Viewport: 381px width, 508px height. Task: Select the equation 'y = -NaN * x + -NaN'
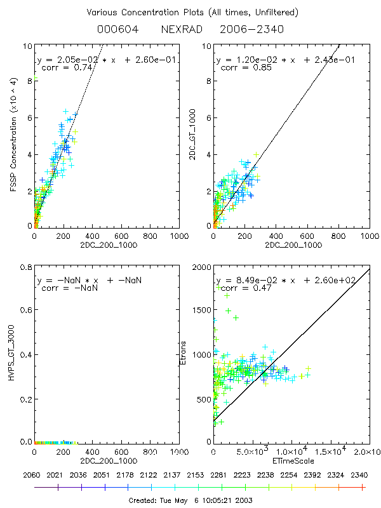89,280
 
